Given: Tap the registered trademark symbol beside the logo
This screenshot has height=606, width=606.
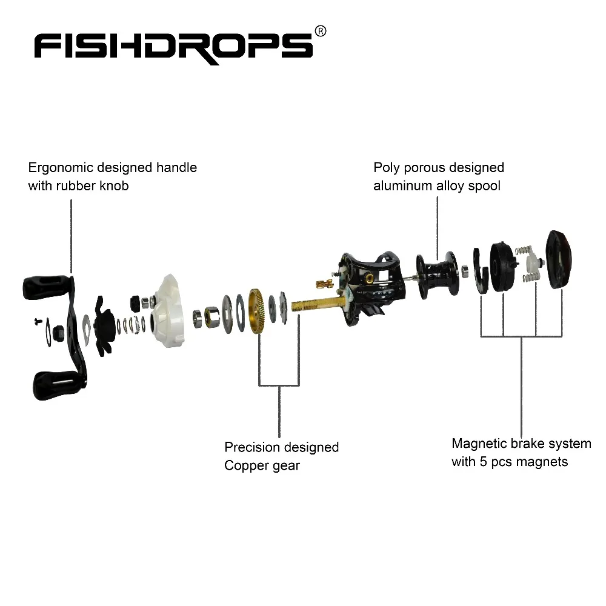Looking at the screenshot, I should pyautogui.click(x=321, y=32).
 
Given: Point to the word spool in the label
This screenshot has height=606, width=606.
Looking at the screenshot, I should pyautogui.click(x=484, y=186).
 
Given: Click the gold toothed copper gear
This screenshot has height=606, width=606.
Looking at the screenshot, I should pyautogui.click(x=259, y=310).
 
